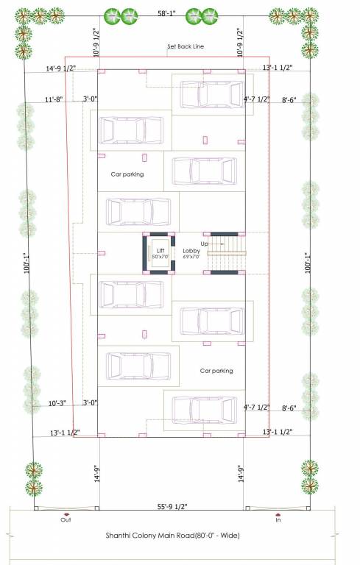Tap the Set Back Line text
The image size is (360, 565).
186,46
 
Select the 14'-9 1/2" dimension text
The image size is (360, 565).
61,68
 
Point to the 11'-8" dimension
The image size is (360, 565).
54,99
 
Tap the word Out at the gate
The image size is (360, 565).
66,519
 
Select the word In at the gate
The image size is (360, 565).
278,519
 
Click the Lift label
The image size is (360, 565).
160,251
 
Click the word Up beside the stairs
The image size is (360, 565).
205,243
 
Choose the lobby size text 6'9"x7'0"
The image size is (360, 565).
191,257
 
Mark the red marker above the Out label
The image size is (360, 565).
66,513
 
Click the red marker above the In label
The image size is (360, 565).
278,513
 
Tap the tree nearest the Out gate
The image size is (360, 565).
33,478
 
